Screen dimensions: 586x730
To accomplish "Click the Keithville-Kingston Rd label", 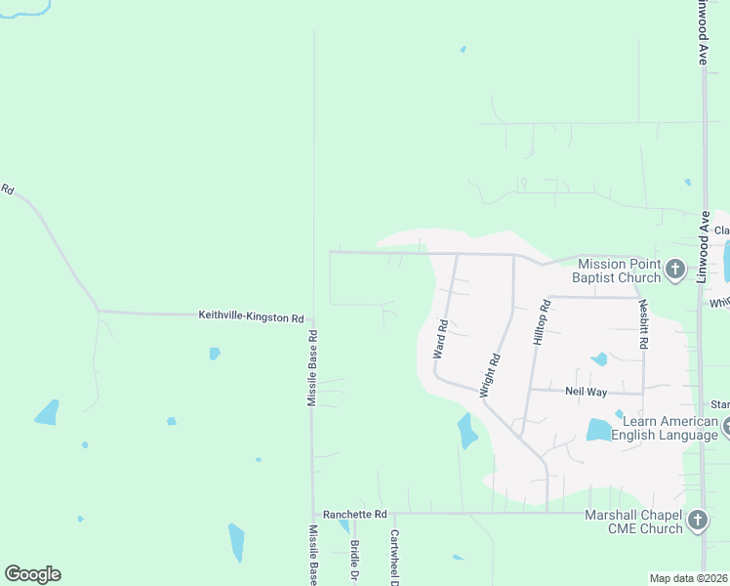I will (x=252, y=316).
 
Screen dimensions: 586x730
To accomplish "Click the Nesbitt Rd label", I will (x=645, y=325).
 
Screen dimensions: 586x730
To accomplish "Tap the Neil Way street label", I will (x=587, y=392).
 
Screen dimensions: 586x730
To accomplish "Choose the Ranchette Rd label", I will (x=355, y=514).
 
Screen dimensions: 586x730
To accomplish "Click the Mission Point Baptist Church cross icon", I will (x=674, y=270).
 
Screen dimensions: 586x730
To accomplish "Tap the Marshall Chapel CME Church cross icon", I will (x=697, y=521).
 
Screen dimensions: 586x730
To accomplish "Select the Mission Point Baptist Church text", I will (x=620, y=271).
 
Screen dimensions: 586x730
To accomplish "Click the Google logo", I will (x=32, y=574).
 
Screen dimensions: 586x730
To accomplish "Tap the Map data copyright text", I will (x=688, y=578).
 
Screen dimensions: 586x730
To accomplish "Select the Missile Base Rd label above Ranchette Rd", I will (x=312, y=369).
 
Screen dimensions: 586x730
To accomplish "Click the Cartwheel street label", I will (x=395, y=558).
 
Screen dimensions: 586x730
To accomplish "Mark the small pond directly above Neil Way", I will (x=599, y=359).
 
